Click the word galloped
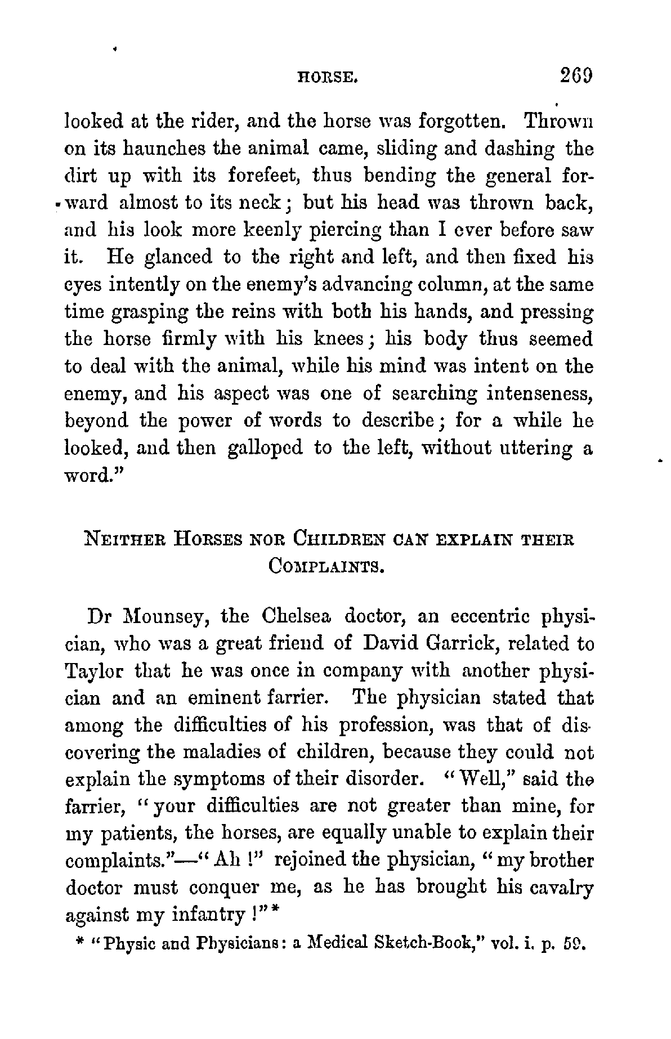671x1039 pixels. pos(266,448)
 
